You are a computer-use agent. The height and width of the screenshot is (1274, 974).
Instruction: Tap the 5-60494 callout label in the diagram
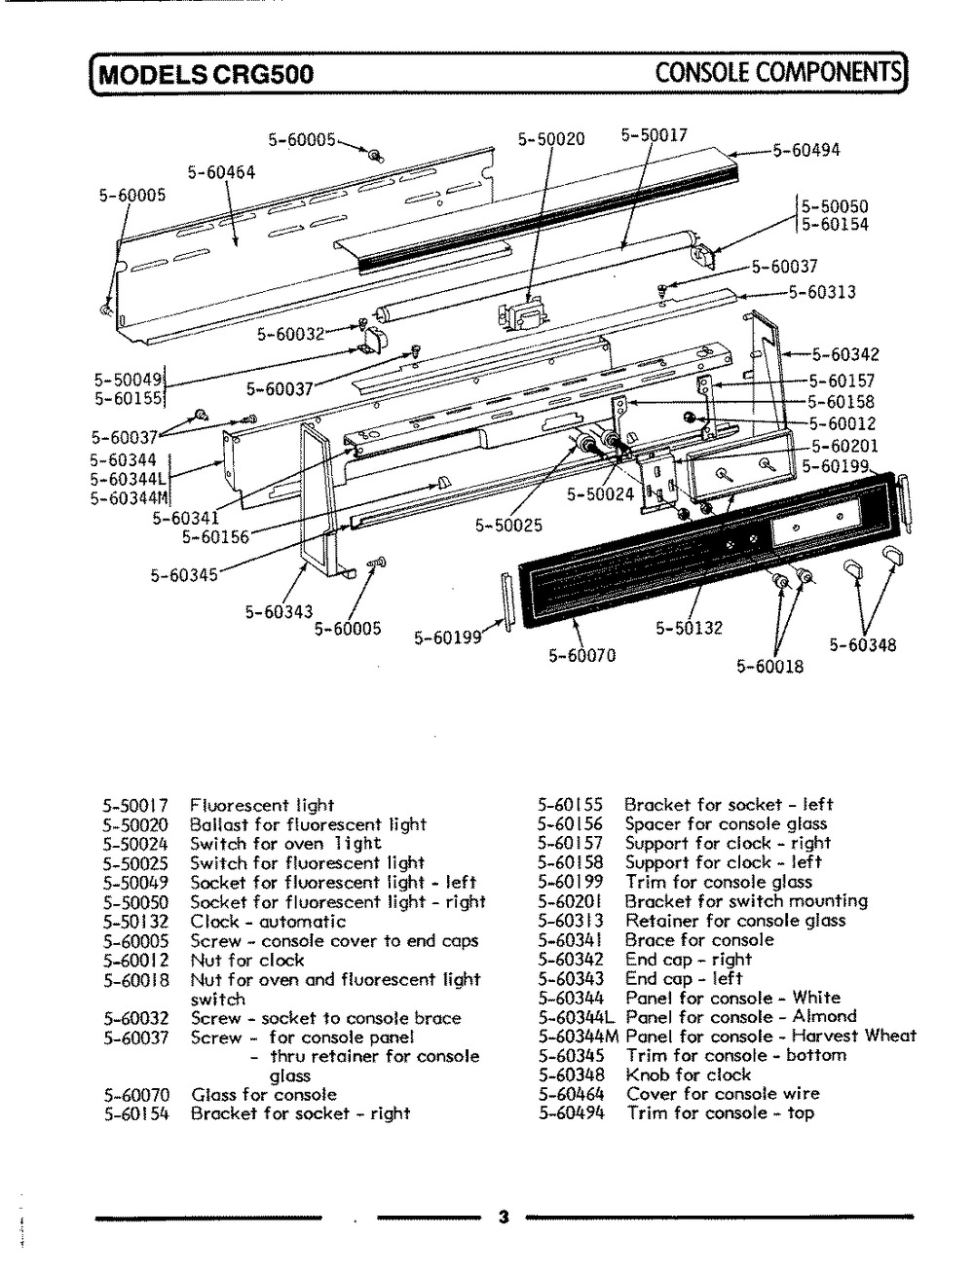pos(805,150)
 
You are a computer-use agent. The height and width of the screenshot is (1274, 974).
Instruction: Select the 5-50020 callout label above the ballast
pos(551,139)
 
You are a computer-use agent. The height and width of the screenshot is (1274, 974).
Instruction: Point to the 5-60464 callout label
pos(222,172)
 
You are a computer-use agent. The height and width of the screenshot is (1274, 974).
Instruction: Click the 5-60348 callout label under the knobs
pos(863,644)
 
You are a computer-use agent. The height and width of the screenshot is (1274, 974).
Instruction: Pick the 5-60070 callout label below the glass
pos(581,655)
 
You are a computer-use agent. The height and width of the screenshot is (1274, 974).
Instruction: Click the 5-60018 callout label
pos(769,667)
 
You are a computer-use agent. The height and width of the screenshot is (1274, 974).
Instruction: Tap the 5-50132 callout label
pos(689,628)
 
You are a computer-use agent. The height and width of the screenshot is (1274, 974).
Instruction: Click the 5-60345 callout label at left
pos(183,575)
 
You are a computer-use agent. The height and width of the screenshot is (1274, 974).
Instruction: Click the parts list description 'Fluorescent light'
pos(262,805)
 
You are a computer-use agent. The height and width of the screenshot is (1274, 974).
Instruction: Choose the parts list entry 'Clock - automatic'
pos(268,921)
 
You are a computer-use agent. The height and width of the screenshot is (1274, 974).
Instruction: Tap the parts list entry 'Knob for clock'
pos(688,1074)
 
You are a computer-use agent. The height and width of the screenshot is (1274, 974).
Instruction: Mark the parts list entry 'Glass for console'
pos(264,1094)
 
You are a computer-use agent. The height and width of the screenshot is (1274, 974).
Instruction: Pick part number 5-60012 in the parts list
pos(136,960)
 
